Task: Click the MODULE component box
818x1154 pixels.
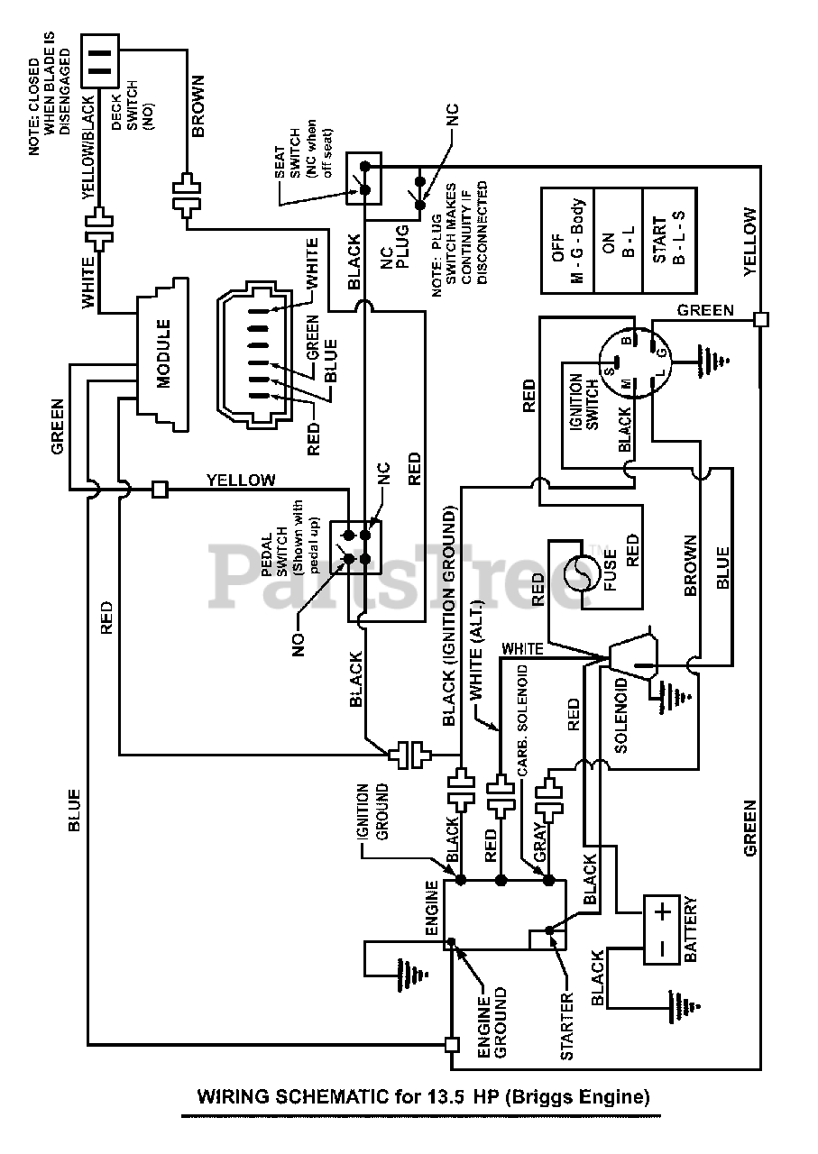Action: (x=162, y=354)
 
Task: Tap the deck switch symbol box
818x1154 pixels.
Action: (x=100, y=60)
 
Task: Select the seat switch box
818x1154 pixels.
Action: (x=363, y=179)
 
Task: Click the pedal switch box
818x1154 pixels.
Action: (x=355, y=546)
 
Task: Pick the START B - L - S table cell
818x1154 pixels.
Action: (x=669, y=241)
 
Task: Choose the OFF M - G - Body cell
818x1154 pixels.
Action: (x=567, y=241)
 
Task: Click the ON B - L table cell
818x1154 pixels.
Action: (x=619, y=241)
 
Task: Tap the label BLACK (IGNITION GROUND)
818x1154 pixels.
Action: (x=449, y=618)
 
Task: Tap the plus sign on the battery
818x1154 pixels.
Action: (x=664, y=913)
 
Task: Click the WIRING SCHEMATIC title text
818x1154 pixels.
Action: (x=423, y=1095)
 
